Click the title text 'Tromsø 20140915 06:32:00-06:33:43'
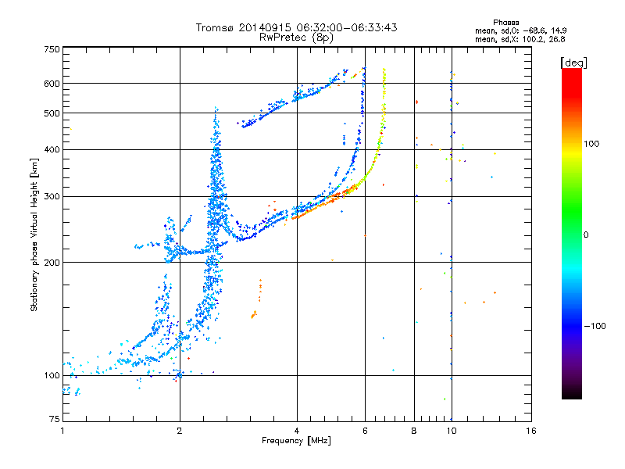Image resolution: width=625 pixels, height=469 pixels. (297, 27)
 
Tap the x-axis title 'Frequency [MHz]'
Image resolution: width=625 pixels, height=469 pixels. (296, 442)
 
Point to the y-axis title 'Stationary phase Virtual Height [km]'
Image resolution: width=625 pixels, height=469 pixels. (34, 235)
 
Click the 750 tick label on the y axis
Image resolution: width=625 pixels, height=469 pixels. (52, 48)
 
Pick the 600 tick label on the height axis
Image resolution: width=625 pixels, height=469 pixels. (52, 83)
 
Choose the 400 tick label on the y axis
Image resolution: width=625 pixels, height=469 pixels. (52, 149)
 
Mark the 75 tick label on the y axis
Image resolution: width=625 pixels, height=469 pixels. (54, 421)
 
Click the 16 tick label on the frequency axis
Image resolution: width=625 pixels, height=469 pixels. (530, 431)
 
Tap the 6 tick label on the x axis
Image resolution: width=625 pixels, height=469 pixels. (364, 431)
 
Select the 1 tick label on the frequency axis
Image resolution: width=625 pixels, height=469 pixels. (62, 431)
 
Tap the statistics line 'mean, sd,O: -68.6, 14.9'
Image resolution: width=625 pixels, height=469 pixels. (520, 30)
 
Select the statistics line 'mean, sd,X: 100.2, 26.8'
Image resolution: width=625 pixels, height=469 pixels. (520, 38)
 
